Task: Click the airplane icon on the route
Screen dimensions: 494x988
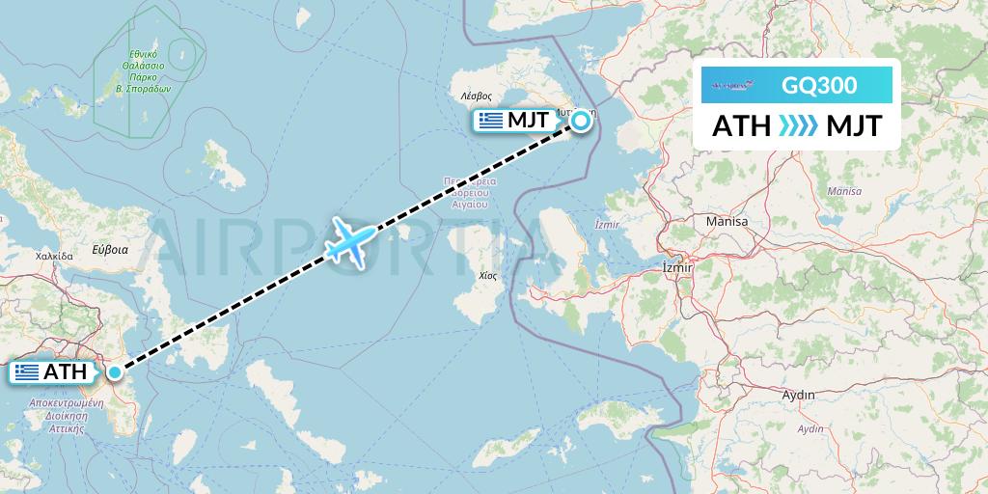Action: tap(348, 241)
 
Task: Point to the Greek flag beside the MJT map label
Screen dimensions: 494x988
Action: tap(491, 121)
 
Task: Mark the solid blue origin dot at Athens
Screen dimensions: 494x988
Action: tap(115, 371)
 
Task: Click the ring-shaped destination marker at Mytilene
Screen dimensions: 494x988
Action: tap(581, 122)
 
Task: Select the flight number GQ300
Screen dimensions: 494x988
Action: tap(819, 86)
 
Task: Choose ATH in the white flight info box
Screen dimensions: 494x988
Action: tap(741, 125)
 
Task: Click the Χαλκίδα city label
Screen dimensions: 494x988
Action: tap(54, 257)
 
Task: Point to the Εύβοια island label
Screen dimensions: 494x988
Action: tap(110, 249)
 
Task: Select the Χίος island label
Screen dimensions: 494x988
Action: tap(475, 275)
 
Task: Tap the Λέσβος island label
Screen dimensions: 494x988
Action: tap(477, 96)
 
